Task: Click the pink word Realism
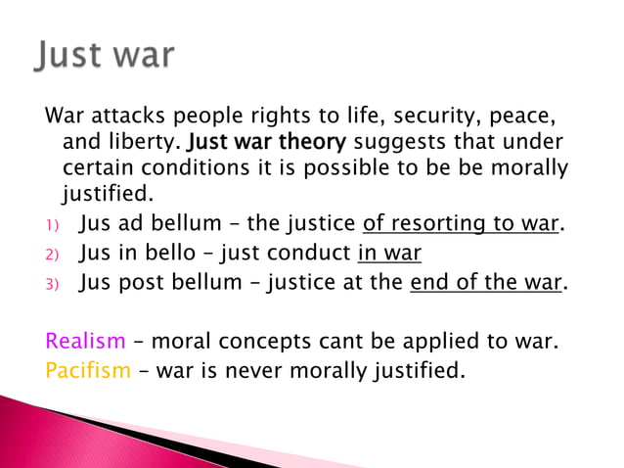point(86,342)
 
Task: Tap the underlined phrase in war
point(389,253)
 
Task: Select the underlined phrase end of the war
point(485,283)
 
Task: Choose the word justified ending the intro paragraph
point(108,195)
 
